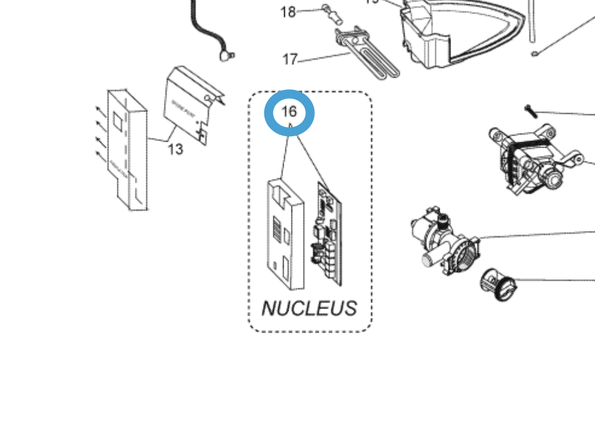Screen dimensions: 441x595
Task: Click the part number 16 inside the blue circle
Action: [289, 111]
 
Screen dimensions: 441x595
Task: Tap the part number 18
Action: [288, 11]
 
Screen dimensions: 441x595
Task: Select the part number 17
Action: [290, 60]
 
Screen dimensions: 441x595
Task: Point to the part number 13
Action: [175, 148]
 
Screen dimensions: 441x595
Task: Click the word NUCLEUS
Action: [309, 308]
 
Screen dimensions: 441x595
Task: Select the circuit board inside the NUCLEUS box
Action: [329, 235]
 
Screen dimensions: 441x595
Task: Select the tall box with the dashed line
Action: [127, 151]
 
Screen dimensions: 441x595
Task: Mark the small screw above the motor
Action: [530, 110]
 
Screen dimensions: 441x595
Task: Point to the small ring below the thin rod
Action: [534, 54]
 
